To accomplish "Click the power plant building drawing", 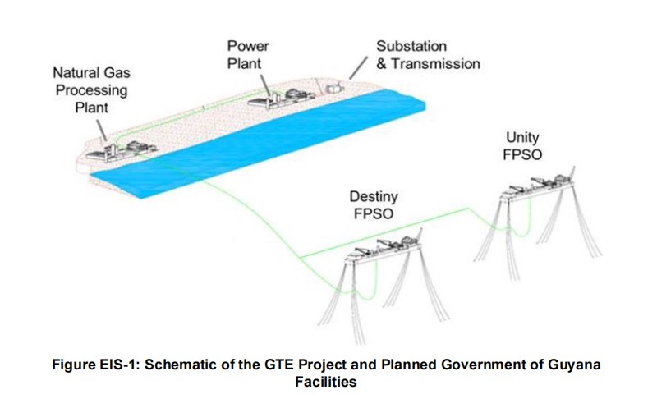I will [x=279, y=99].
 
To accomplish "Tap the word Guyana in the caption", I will [x=581, y=364].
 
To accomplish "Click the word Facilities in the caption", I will [x=328, y=382].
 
